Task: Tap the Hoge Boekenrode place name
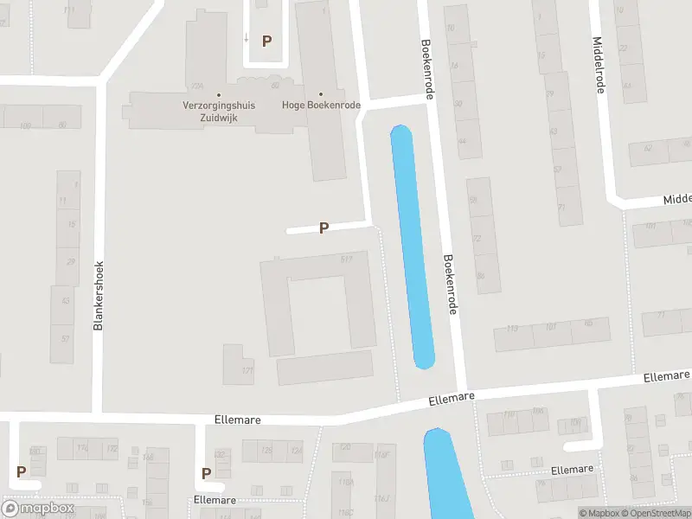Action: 321,106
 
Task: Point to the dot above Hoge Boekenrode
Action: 321,94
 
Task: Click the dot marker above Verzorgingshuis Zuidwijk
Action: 218,94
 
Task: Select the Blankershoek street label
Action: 99,296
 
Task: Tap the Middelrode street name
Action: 598,63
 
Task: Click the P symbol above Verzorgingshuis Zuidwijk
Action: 267,41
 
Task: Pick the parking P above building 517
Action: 324,228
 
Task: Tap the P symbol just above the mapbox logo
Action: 21,471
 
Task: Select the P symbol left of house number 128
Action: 207,473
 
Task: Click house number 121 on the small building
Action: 247,370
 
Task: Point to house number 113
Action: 512,329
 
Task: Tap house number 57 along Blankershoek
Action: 65,336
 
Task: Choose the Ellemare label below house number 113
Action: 452,399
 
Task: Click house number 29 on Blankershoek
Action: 71,261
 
